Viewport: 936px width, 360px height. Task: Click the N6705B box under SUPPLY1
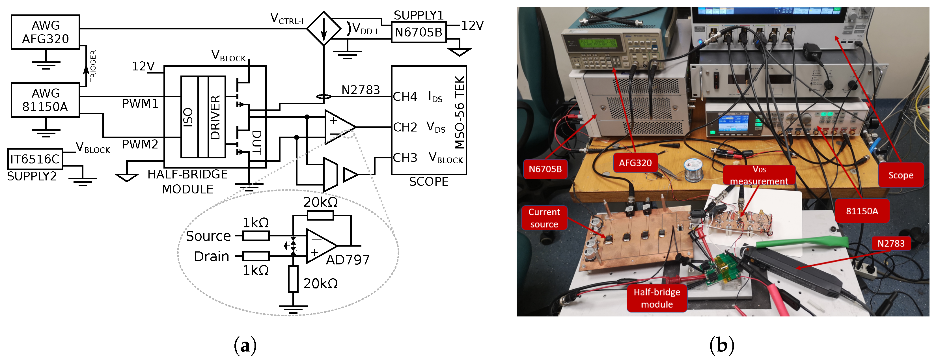(418, 32)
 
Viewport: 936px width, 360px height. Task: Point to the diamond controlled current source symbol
(323, 28)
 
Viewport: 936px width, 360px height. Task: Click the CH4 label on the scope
(405, 97)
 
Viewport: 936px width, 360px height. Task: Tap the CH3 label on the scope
(405, 158)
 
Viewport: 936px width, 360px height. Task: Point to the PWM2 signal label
(140, 144)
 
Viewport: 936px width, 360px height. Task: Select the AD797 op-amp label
(347, 260)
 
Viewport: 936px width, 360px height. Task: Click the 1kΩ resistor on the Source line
(256, 236)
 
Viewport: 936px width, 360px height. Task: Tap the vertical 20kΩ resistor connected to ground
(293, 279)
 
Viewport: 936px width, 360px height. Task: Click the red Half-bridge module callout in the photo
(657, 298)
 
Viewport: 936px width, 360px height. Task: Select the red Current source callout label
(544, 218)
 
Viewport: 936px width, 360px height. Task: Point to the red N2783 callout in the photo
(891, 243)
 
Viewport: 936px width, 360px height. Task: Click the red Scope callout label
(900, 175)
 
